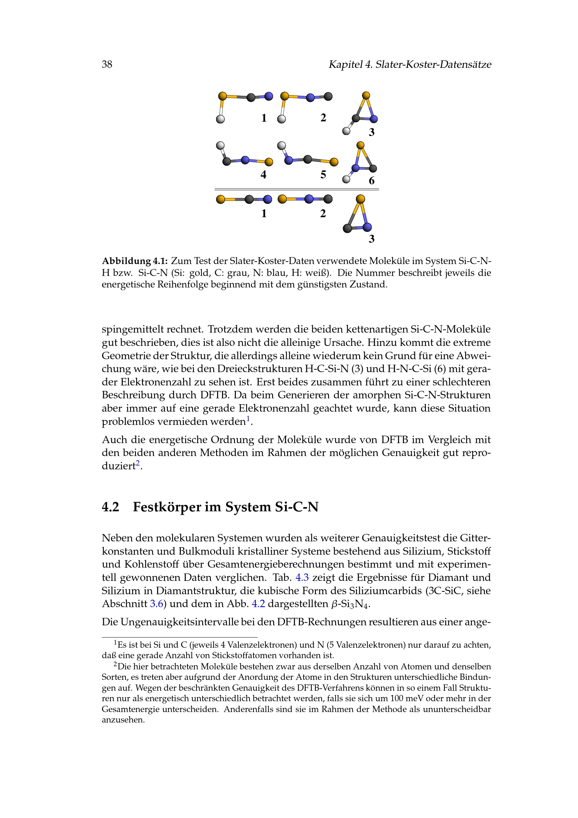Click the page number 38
pyautogui.click(x=107, y=64)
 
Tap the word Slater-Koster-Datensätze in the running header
pyautogui.click(x=433, y=64)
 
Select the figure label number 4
pyautogui.click(x=263, y=175)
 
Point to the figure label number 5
pyautogui.click(x=323, y=175)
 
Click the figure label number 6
pyautogui.click(x=371, y=181)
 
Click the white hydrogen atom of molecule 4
pyautogui.click(x=220, y=145)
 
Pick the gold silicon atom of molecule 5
pyautogui.click(x=334, y=163)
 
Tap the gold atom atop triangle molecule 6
pyautogui.click(x=361, y=145)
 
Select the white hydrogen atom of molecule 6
pyautogui.click(x=346, y=179)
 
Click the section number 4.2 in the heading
pyautogui.click(x=110, y=507)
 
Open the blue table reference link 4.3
pyautogui.click(x=302, y=577)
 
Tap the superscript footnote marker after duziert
pyautogui.click(x=138, y=463)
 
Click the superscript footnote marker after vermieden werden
pyautogui.click(x=248, y=419)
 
